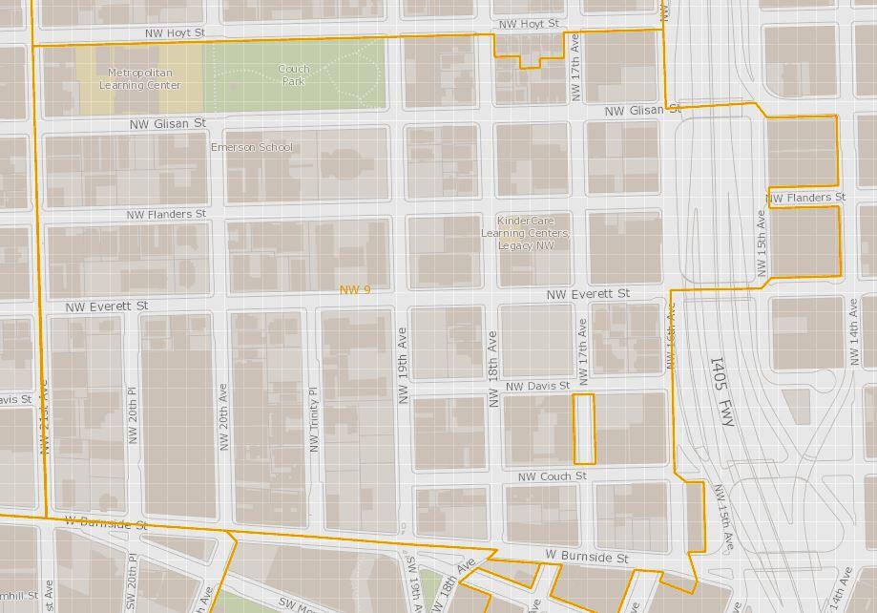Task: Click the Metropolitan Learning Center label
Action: [138, 78]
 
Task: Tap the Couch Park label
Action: [294, 74]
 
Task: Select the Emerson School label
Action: [252, 147]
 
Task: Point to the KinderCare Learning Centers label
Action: [525, 233]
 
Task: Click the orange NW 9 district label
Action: [354, 289]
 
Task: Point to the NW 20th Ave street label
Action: [221, 417]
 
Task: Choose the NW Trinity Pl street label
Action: [312, 420]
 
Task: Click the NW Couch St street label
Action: [552, 476]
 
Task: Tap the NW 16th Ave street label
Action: [671, 336]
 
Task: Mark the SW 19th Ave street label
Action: [413, 584]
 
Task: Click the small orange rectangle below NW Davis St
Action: [583, 429]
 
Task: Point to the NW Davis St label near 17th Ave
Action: [537, 386]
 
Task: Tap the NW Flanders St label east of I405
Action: [806, 198]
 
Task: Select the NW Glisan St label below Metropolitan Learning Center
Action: [168, 124]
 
